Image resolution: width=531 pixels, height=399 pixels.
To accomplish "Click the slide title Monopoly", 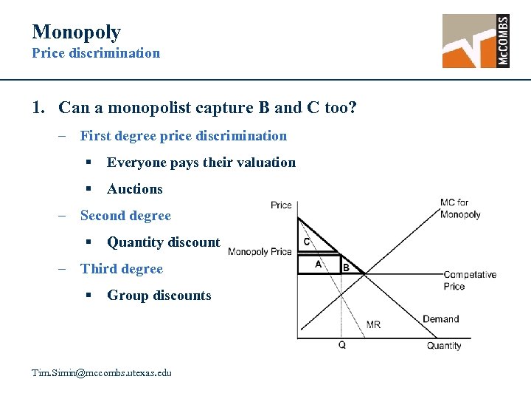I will click(76, 32).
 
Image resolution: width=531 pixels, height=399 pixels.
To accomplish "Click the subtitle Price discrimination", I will click(95, 53).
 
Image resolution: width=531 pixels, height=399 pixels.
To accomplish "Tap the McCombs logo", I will click(476, 41).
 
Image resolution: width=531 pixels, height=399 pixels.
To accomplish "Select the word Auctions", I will click(134, 189).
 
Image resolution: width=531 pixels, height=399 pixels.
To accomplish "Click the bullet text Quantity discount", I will click(163, 242).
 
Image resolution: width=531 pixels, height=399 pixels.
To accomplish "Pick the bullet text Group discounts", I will click(159, 296).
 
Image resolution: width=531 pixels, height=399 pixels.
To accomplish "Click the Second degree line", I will click(125, 216).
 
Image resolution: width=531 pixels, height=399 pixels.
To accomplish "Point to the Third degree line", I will click(121, 269).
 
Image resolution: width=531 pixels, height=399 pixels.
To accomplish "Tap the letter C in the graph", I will click(307, 242).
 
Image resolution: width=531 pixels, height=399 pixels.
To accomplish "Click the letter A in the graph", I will click(319, 264).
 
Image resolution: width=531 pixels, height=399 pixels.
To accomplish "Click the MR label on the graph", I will click(373, 324).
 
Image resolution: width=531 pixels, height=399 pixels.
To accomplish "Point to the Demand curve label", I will click(440, 319).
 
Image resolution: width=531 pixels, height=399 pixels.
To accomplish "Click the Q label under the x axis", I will click(341, 345).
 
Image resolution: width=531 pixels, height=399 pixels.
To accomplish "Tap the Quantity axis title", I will click(444, 345).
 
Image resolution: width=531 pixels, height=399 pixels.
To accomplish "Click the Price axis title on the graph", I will click(281, 205).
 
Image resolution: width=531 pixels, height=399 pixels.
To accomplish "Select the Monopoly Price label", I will click(260, 251).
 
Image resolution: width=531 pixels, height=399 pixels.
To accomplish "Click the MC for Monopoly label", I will click(459, 208).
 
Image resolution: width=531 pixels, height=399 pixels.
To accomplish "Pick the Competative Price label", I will click(469, 280).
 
